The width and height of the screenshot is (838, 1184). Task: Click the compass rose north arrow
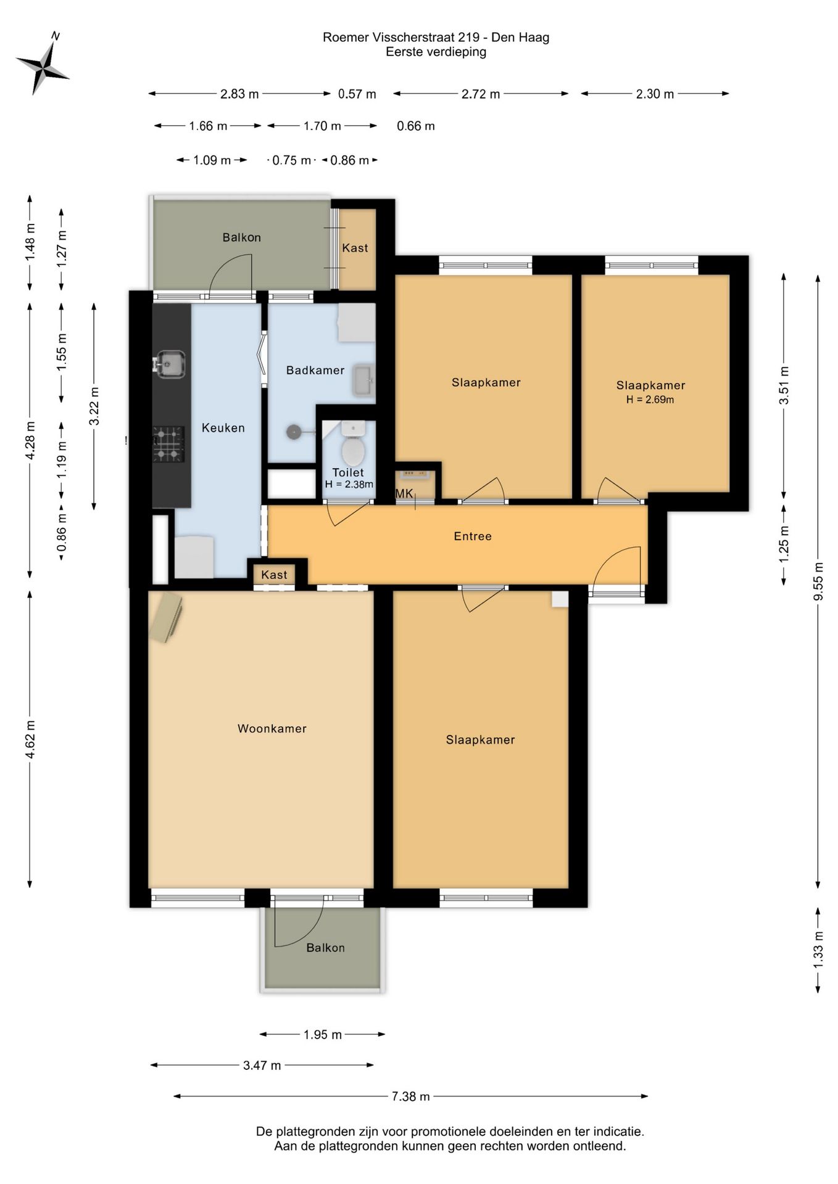click(x=42, y=64)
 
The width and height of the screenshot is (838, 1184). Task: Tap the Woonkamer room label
click(x=272, y=728)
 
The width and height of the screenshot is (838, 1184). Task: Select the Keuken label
click(x=223, y=428)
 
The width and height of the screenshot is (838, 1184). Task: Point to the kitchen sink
click(x=169, y=364)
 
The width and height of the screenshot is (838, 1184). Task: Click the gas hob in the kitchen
click(x=168, y=444)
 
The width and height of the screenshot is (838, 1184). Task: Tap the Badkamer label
click(x=315, y=370)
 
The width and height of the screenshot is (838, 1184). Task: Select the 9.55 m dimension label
click(x=818, y=582)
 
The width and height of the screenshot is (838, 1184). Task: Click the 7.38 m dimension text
click(x=410, y=1096)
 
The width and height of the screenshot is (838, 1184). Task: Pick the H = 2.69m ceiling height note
click(x=650, y=400)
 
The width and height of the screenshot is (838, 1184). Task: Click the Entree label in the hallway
click(x=473, y=536)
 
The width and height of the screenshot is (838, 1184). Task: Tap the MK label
click(x=404, y=493)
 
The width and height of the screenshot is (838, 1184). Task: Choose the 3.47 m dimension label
click(x=262, y=1065)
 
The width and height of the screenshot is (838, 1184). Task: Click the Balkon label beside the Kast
click(x=242, y=237)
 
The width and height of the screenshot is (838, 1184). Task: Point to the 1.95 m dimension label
click(x=322, y=1034)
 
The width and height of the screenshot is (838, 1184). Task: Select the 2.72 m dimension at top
click(x=481, y=94)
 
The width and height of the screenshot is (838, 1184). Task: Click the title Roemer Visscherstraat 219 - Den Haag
click(x=436, y=37)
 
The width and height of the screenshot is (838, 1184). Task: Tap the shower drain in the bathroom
click(x=294, y=432)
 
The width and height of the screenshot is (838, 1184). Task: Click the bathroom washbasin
click(x=363, y=380)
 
